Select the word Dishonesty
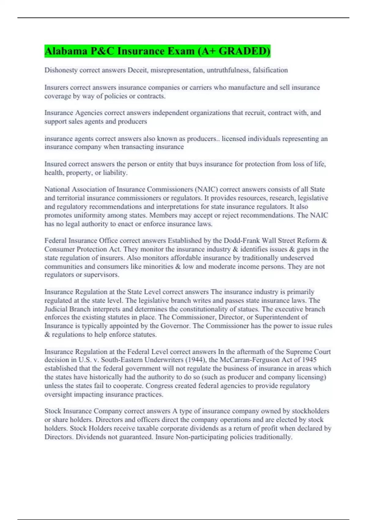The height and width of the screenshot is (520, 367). coord(61,70)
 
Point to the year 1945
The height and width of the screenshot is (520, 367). coord(309,360)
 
